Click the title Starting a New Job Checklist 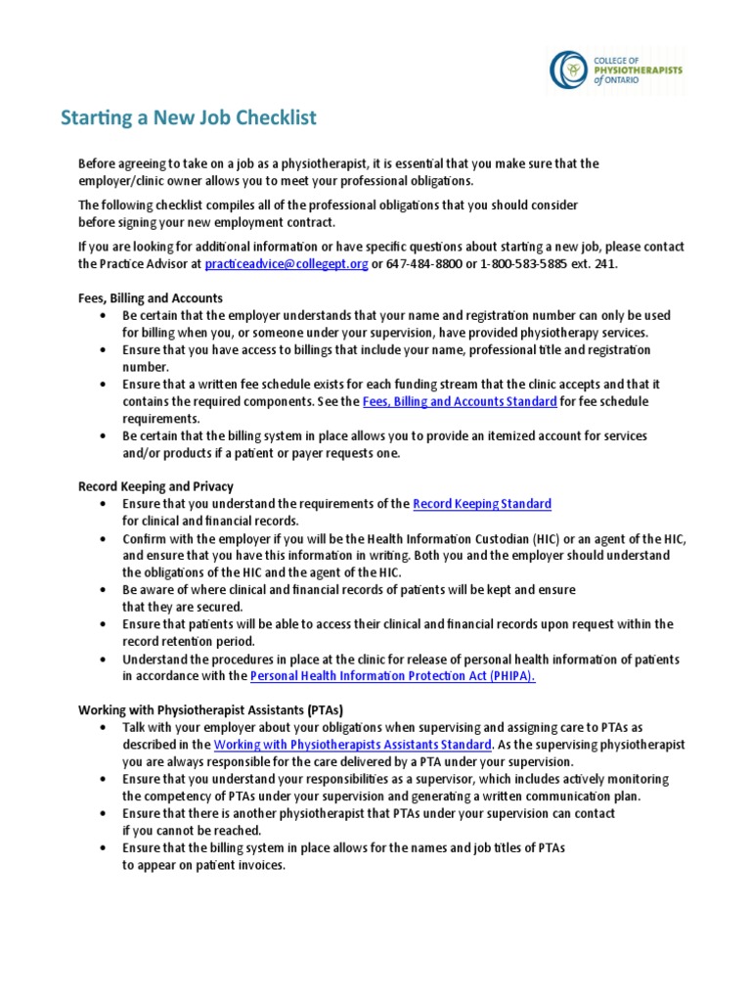tap(189, 118)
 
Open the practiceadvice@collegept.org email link tap(285, 264)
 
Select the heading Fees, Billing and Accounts tap(151, 298)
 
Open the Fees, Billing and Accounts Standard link tap(460, 401)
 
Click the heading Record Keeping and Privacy tap(155, 486)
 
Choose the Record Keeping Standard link tap(482, 504)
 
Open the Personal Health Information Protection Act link tap(393, 676)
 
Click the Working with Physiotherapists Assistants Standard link tap(352, 745)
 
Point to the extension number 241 tap(605, 264)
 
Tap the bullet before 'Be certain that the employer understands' tap(104, 316)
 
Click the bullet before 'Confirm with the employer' tap(104, 538)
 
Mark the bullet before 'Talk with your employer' tap(104, 728)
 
